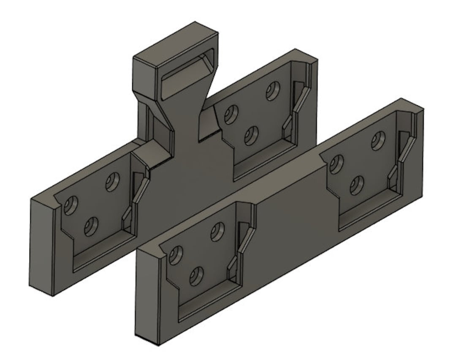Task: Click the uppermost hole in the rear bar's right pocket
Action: (273, 91)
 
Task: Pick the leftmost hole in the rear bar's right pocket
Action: (231, 115)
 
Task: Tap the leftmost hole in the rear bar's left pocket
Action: (71, 206)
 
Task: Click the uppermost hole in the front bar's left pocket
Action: (217, 232)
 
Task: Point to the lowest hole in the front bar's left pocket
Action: (196, 276)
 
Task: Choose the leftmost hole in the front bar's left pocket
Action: (176, 255)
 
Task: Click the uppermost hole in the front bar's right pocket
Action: (378, 141)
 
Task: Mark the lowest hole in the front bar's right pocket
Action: (357, 185)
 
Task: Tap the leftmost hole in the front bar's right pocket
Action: (336, 164)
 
